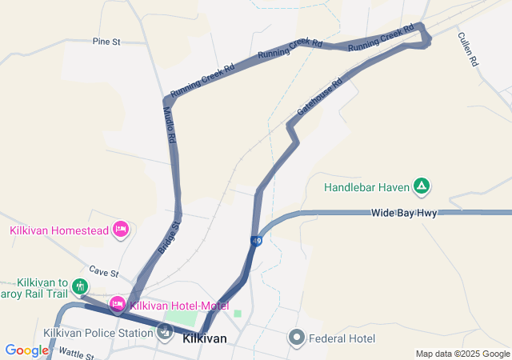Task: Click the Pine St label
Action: (x=106, y=41)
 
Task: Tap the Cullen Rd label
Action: (x=468, y=49)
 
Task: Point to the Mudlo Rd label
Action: (x=170, y=126)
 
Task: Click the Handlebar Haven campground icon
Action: (x=422, y=187)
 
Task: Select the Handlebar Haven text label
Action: (x=366, y=188)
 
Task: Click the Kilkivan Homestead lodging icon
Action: (x=120, y=230)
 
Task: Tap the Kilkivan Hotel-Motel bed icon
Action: (x=117, y=304)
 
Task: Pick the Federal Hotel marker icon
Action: (x=298, y=338)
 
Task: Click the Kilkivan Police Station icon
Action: (x=166, y=332)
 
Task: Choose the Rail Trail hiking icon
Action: (x=79, y=286)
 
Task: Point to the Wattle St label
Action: (x=77, y=353)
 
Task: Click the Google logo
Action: (x=26, y=350)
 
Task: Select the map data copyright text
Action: (x=462, y=354)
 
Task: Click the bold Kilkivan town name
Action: (x=205, y=338)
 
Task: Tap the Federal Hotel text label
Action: (x=342, y=338)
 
